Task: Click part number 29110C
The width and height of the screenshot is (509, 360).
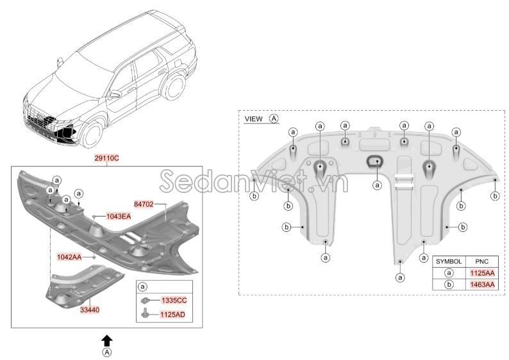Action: pyautogui.click(x=107, y=158)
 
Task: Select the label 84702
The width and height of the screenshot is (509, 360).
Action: pyautogui.click(x=144, y=204)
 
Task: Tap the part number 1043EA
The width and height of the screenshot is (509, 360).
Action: pyautogui.click(x=119, y=217)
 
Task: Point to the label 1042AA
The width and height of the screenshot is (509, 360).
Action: pyautogui.click(x=69, y=258)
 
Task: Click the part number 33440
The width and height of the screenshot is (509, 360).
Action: pyautogui.click(x=90, y=310)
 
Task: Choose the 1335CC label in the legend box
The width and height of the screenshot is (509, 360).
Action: pyautogui.click(x=174, y=300)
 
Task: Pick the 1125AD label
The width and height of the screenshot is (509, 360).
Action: pyautogui.click(x=172, y=315)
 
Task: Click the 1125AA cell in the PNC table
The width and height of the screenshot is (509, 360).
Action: pyautogui.click(x=482, y=273)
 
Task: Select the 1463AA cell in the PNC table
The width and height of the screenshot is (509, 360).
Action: pyautogui.click(x=482, y=285)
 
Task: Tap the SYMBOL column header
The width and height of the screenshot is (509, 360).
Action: pyautogui.click(x=449, y=261)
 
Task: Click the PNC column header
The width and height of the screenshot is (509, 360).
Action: pyautogui.click(x=482, y=261)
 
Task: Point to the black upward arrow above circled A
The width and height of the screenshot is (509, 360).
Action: pyautogui.click(x=107, y=341)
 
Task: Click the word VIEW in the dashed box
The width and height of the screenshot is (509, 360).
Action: pyautogui.click(x=253, y=119)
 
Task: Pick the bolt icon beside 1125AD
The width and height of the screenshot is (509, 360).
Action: pyautogui.click(x=145, y=313)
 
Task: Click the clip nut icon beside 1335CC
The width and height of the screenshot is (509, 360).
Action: pyautogui.click(x=146, y=300)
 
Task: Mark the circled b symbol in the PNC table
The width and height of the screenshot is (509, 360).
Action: pyautogui.click(x=449, y=285)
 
